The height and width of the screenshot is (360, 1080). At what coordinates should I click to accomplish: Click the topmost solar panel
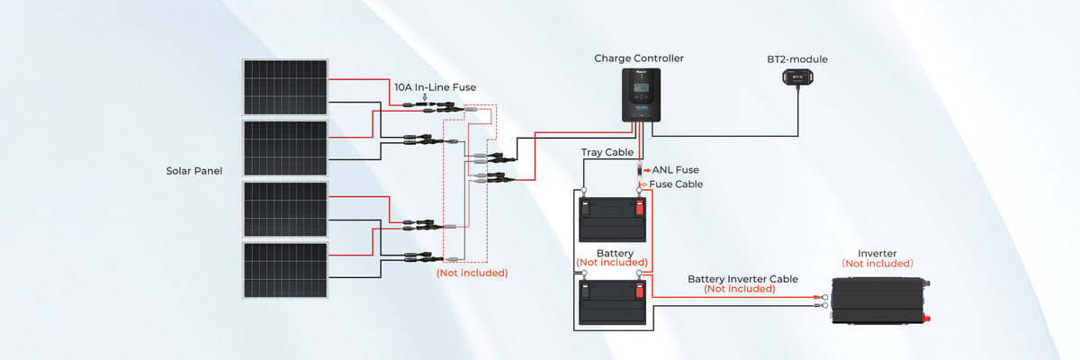tap(285, 87)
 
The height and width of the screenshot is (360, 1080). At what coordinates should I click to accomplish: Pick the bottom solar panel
tap(285, 269)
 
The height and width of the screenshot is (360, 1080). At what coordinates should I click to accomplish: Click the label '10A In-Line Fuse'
tap(435, 87)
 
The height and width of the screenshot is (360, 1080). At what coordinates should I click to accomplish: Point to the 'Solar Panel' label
tap(193, 170)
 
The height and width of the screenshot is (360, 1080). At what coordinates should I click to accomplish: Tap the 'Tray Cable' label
tap(607, 153)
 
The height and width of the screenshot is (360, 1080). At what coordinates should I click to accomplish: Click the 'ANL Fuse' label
tap(675, 169)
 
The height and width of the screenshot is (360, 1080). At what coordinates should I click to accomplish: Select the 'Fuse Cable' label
tap(675, 184)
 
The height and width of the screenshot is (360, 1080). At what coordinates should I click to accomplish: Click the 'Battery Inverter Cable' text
tap(742, 279)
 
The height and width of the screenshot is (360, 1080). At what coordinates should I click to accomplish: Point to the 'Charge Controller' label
tap(639, 58)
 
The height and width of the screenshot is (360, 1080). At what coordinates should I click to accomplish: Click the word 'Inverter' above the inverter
tap(877, 254)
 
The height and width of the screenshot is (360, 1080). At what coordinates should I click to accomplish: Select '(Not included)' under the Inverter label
tap(877, 264)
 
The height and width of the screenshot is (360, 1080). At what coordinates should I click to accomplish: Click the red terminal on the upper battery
tap(639, 209)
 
